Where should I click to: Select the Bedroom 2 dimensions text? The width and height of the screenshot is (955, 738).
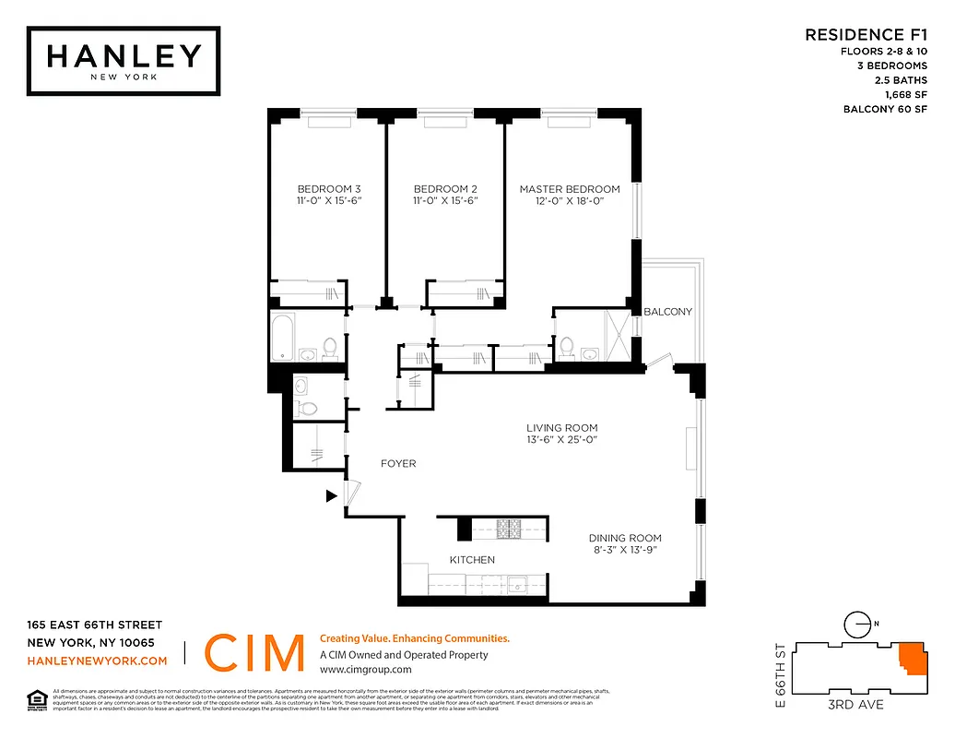(x=445, y=201)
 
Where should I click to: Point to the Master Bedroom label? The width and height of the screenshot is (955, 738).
(x=569, y=189)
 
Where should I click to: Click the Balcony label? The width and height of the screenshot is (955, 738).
(x=667, y=312)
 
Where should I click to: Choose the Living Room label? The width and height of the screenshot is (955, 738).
(x=561, y=428)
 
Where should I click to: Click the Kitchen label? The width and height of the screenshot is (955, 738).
(x=472, y=560)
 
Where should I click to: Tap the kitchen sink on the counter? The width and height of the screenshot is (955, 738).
(x=519, y=584)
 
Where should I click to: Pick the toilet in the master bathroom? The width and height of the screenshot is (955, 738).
(x=567, y=347)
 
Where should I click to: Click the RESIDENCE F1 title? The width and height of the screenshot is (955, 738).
(x=866, y=35)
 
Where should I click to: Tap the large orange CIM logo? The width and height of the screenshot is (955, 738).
(x=254, y=653)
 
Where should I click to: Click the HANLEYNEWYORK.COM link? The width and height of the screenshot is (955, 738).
(x=97, y=661)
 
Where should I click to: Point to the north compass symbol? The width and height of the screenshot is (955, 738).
(x=857, y=625)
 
